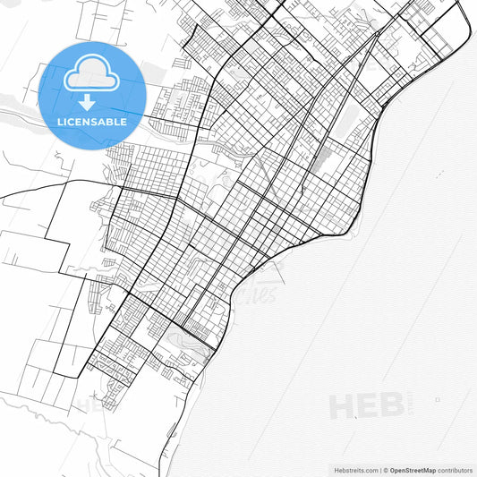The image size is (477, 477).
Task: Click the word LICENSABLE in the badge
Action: (x=92, y=121)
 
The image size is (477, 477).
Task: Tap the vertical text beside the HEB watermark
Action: (x=410, y=405)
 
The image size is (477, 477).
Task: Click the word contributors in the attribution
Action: (x=454, y=469)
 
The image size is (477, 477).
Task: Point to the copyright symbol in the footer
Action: (x=386, y=469)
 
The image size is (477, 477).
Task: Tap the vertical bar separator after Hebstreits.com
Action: (x=379, y=469)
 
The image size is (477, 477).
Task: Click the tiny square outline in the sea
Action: (x=437, y=399)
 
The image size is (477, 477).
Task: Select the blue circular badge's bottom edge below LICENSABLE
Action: (x=92, y=147)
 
